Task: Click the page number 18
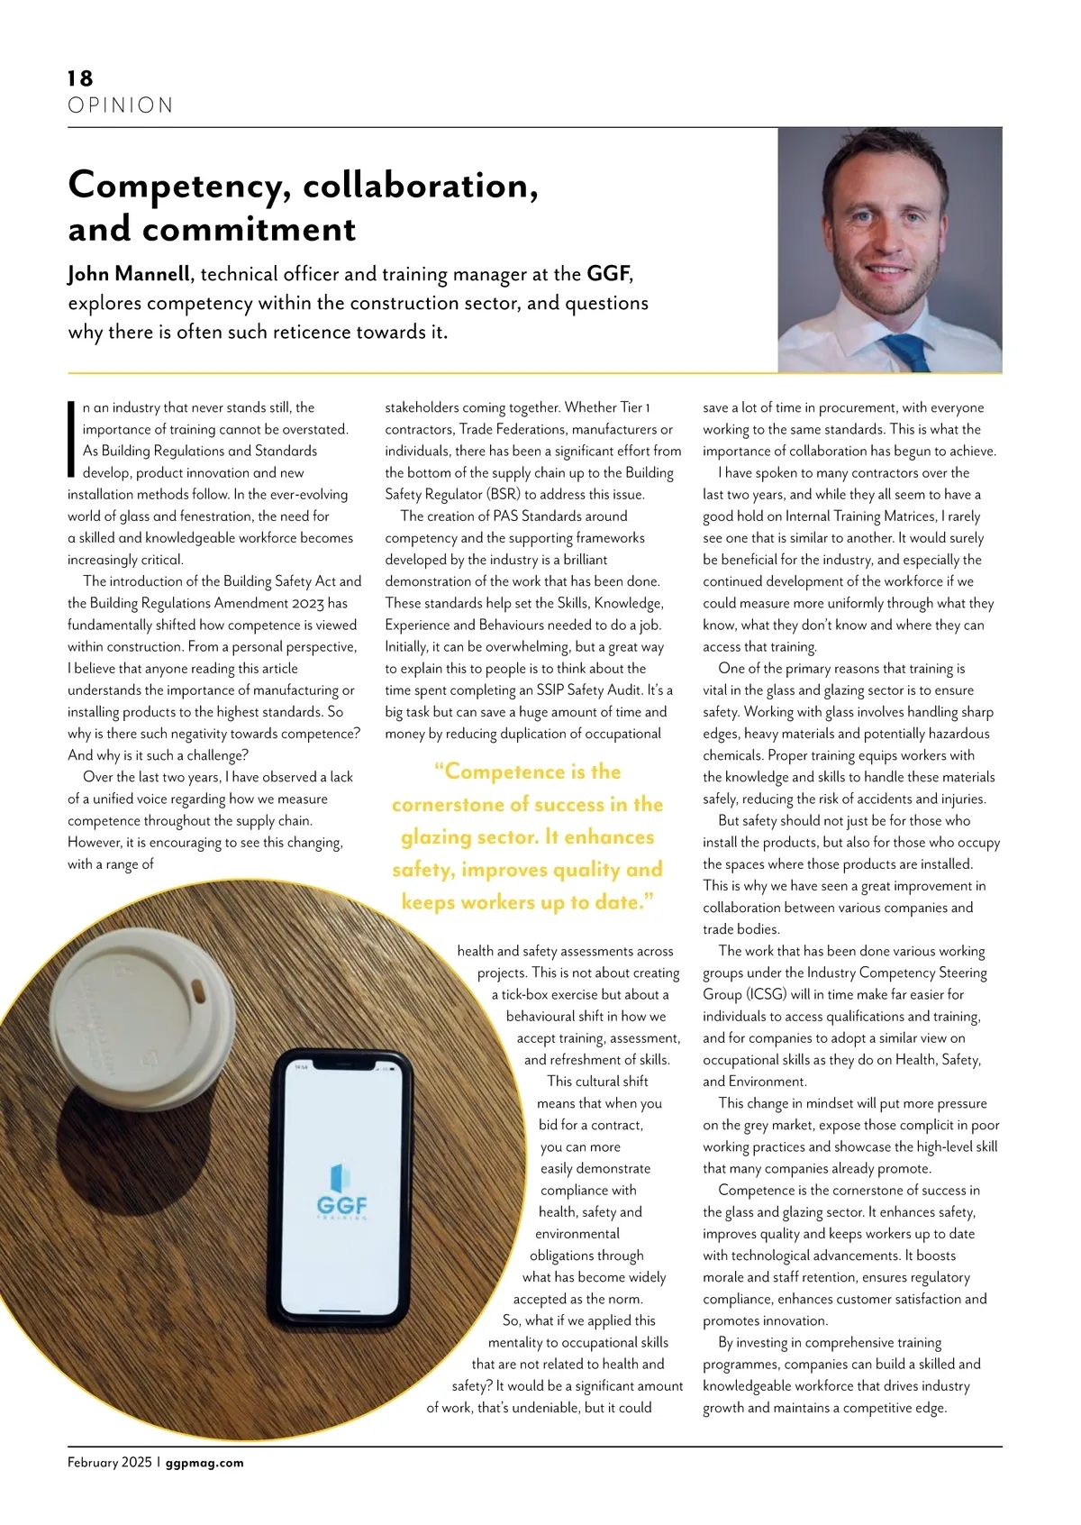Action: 80,78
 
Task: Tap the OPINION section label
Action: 120,105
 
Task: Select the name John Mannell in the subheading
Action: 129,274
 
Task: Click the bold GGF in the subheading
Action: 608,274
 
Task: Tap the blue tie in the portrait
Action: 904,352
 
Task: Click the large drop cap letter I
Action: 72,438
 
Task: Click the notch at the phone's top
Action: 342,1067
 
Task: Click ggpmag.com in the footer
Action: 204,1463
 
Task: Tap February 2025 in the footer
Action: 109,1463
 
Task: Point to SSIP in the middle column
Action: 577,690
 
